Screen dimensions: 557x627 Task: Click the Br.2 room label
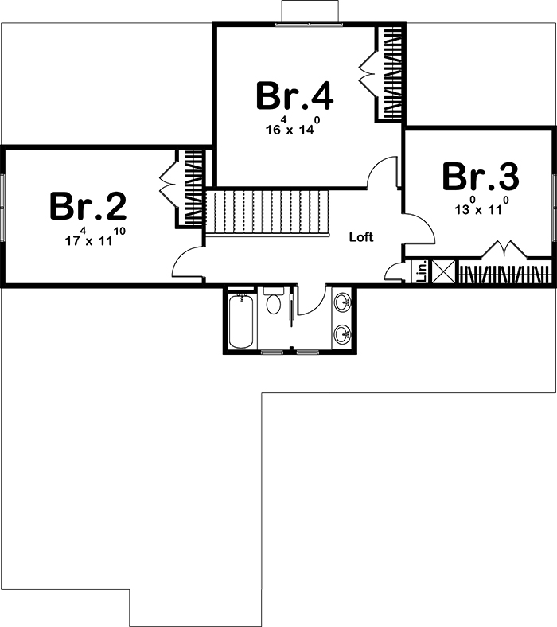tap(88, 206)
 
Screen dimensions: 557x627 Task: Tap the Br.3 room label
tap(481, 176)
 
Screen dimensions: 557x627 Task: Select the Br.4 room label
tap(294, 95)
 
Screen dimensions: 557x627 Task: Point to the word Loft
tap(361, 237)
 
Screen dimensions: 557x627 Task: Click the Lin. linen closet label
tap(422, 271)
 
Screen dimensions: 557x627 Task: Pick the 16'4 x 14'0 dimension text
tap(293, 126)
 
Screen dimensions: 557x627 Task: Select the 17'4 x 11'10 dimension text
tap(95, 237)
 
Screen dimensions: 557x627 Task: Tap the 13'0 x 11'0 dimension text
tap(481, 205)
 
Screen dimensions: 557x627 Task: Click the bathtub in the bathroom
tap(241, 321)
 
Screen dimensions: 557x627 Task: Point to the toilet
tap(274, 301)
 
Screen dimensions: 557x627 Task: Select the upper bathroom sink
tap(343, 302)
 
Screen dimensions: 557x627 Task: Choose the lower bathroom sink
tap(343, 334)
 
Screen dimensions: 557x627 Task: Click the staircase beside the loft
tap(267, 212)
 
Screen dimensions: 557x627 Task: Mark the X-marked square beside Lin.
tap(443, 271)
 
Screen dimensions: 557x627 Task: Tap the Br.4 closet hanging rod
tap(392, 73)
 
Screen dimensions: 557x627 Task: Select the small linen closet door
tap(394, 271)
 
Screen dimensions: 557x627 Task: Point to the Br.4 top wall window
tap(309, 25)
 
